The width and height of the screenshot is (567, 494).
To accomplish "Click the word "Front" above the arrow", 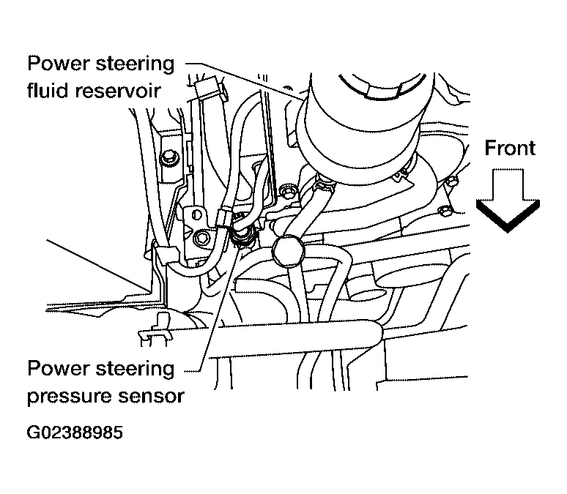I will (x=511, y=148).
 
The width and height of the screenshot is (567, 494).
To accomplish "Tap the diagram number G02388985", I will (x=74, y=432).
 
